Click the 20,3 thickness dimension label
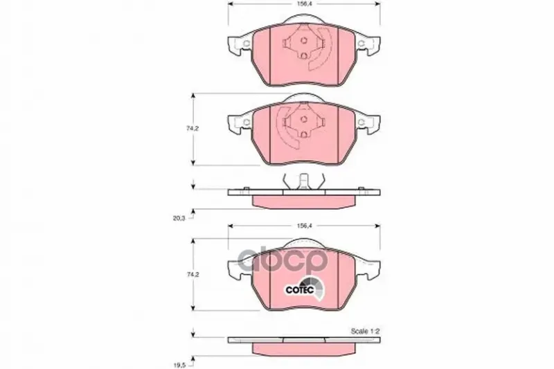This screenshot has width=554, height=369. click(179, 218)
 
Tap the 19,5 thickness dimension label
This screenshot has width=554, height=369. click(179, 364)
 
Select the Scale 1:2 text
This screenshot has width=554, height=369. click(365, 331)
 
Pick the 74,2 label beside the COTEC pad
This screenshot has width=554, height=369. click(193, 274)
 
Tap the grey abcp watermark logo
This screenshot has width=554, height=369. click(281, 260)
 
